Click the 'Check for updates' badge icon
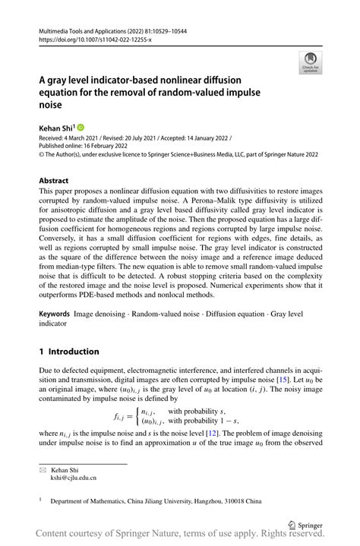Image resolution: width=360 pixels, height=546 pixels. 309,64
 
